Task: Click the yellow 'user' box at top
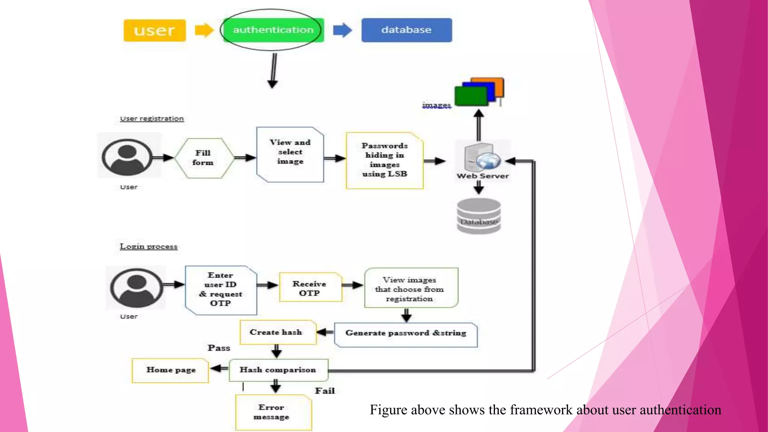click(x=154, y=30)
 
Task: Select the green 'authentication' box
click(x=273, y=30)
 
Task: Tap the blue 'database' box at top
click(x=406, y=30)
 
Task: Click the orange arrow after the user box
click(x=204, y=30)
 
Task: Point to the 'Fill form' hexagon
click(x=203, y=158)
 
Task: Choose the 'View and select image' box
click(x=290, y=154)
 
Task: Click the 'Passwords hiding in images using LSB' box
click(x=384, y=160)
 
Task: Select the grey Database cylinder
click(x=479, y=216)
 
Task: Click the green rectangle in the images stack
click(x=471, y=96)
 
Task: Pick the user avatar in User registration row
click(x=127, y=157)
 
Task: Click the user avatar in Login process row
click(x=136, y=288)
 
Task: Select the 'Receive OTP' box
click(x=310, y=288)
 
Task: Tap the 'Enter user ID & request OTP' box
click(x=220, y=289)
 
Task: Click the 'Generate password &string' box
click(x=406, y=333)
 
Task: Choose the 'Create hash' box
click(x=277, y=332)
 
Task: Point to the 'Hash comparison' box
click(x=278, y=370)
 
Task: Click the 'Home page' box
click(x=170, y=370)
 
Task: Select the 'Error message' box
click(x=273, y=412)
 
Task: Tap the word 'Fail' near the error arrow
click(x=325, y=391)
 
